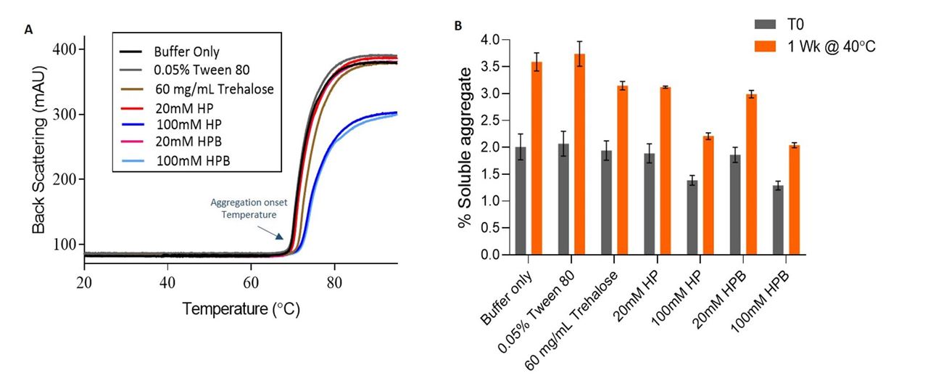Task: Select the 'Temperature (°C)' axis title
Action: click(241, 309)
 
